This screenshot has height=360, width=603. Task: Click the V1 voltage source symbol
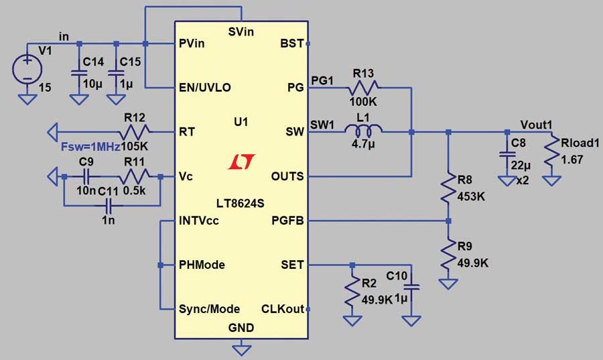click(x=27, y=70)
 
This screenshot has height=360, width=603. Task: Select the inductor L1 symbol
click(x=363, y=131)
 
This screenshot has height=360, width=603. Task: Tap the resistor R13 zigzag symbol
click(x=363, y=88)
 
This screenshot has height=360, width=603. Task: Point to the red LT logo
click(x=241, y=162)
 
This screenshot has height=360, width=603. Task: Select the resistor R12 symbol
click(x=134, y=132)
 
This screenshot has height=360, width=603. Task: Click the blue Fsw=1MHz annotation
click(x=90, y=147)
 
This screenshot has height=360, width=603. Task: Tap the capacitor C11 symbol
click(x=109, y=206)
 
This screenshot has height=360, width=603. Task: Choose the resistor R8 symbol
click(x=448, y=188)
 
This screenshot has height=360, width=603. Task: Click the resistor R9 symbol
click(x=448, y=254)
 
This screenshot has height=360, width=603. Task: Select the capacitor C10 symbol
click(x=411, y=287)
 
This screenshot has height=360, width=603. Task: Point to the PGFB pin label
click(x=287, y=221)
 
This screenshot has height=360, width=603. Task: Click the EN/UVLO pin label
click(x=205, y=88)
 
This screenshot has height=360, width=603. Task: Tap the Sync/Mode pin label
click(x=209, y=309)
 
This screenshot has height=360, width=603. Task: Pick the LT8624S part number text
click(x=241, y=203)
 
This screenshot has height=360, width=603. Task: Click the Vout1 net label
click(x=536, y=125)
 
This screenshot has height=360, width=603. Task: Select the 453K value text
click(x=471, y=196)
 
